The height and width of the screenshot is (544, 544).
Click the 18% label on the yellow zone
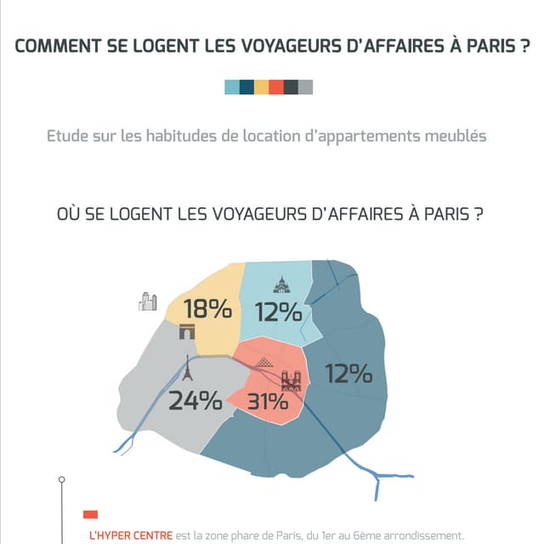[x=207, y=309]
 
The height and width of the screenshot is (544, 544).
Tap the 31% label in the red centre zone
[x=266, y=401]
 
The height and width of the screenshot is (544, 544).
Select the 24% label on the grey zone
[x=195, y=399]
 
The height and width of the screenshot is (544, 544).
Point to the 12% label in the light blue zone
[x=278, y=313]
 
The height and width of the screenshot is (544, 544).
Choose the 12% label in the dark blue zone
[x=348, y=373]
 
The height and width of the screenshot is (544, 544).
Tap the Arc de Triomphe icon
[x=187, y=332]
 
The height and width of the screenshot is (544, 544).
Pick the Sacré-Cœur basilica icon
[x=281, y=285]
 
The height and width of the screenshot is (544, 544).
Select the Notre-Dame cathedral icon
[x=291, y=382]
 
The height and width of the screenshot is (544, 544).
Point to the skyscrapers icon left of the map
[x=148, y=301]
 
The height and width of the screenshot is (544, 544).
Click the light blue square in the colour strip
[x=231, y=86]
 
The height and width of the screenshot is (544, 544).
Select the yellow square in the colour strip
[x=261, y=86]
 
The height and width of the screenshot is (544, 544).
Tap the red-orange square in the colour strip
[x=275, y=86]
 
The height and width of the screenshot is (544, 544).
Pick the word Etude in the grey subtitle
[x=67, y=136]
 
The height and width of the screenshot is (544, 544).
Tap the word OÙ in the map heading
[x=68, y=213]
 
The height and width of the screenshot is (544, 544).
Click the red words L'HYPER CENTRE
[x=130, y=535]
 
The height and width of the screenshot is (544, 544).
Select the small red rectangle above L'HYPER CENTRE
[x=90, y=514]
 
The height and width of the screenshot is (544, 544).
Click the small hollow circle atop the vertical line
[x=61, y=480]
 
